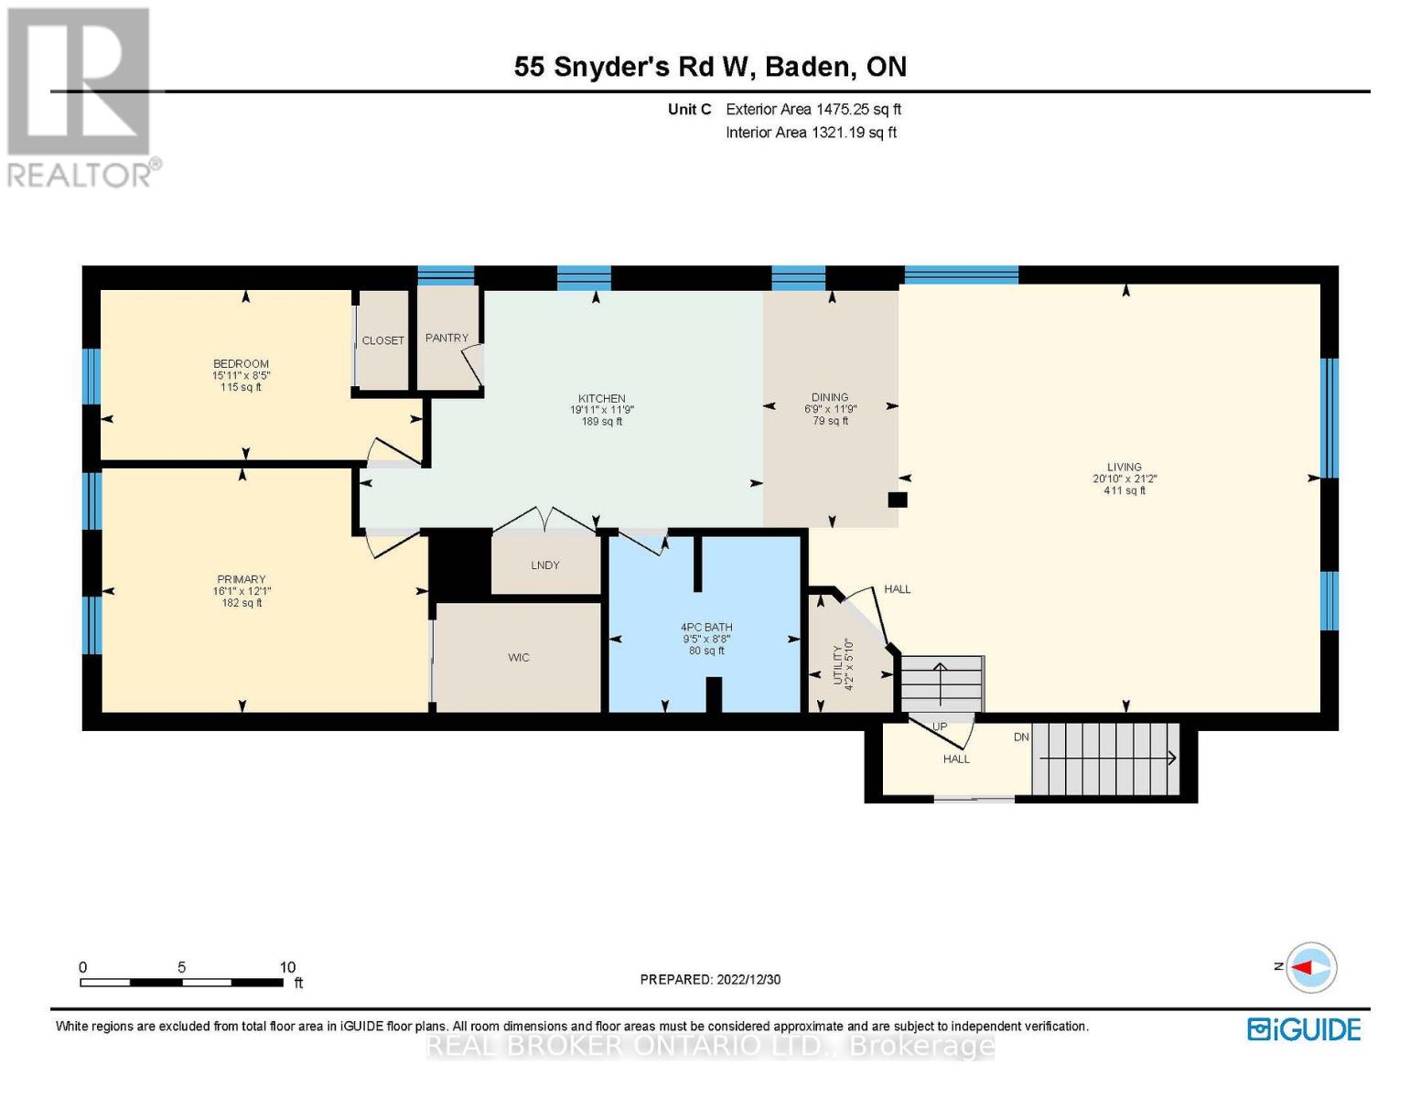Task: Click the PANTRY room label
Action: point(447,338)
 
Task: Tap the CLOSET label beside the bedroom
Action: point(382,340)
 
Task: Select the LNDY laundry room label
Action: point(544,565)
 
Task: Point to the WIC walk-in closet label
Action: point(519,658)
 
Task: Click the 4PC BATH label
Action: point(706,628)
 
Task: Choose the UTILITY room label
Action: point(836,663)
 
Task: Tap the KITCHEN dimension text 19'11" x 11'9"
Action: point(601,410)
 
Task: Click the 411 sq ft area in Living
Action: point(1125,490)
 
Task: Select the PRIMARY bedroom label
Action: point(242,579)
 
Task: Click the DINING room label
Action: point(830,398)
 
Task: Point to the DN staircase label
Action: point(1021,737)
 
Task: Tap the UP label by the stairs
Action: point(939,727)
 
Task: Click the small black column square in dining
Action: point(898,500)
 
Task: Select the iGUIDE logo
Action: point(1304,1029)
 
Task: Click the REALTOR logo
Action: point(81,96)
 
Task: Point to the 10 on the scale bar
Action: point(287,967)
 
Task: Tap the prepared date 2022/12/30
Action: point(748,979)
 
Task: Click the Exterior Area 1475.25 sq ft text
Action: point(813,109)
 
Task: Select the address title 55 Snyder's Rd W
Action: point(632,67)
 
